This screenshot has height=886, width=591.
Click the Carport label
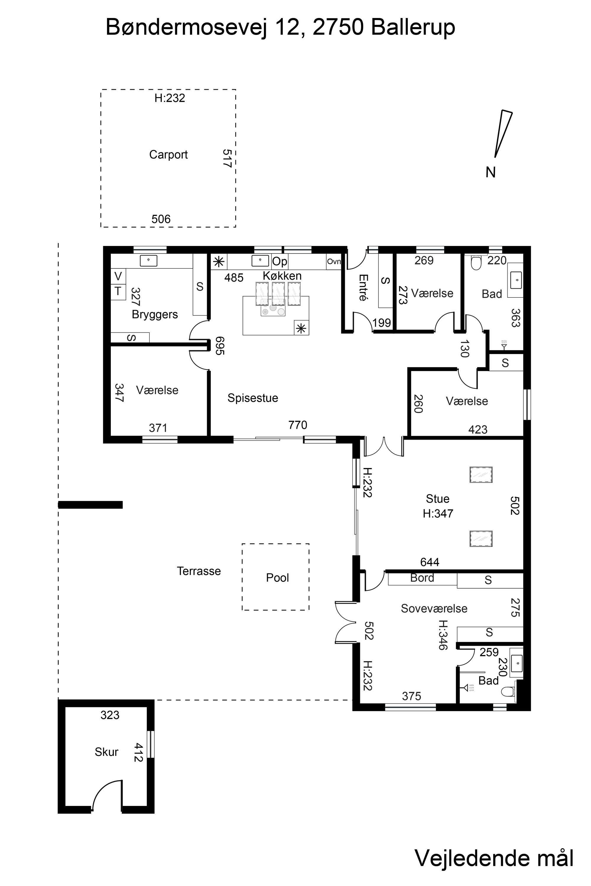pyautogui.click(x=168, y=155)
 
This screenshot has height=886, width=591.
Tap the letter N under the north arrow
pyautogui.click(x=490, y=172)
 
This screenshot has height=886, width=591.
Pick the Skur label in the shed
pyautogui.click(x=106, y=752)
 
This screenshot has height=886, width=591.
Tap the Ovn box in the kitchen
pyautogui.click(x=334, y=261)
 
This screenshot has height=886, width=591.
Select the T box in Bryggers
pyautogui.click(x=118, y=291)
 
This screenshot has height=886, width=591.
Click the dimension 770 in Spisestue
pyautogui.click(x=298, y=425)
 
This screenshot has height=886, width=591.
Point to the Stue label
pyautogui.click(x=438, y=499)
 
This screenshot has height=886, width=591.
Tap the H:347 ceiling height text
pyautogui.click(x=438, y=514)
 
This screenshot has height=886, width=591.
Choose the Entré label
pyautogui.click(x=363, y=287)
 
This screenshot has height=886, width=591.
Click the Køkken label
pyautogui.click(x=282, y=276)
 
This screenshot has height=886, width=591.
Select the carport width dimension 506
pyautogui.click(x=161, y=219)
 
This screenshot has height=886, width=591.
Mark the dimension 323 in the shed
pyautogui.click(x=110, y=715)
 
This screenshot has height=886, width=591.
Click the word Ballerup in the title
pyautogui.click(x=413, y=27)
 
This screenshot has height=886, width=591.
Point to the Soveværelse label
pyautogui.click(x=434, y=608)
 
